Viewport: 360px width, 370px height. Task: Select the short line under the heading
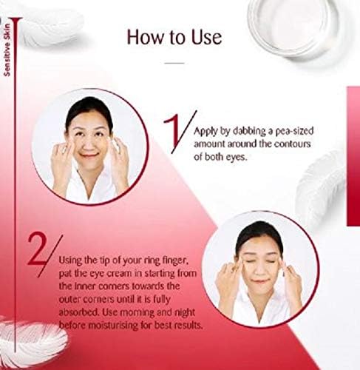[173, 64]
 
